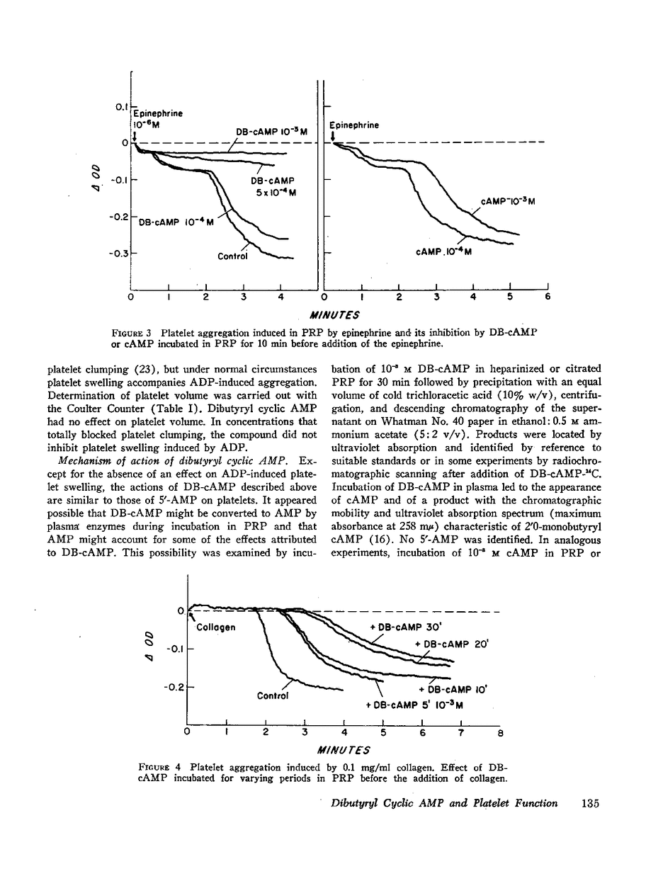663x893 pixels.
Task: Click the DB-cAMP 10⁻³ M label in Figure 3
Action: click(271, 131)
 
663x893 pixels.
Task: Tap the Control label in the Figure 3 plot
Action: click(233, 256)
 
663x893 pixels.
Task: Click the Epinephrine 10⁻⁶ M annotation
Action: click(157, 118)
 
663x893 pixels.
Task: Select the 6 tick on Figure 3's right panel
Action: click(547, 298)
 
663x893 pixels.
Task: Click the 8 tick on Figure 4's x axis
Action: click(499, 734)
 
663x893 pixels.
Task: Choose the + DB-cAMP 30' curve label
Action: click(406, 627)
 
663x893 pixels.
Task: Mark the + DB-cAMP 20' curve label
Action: click(452, 644)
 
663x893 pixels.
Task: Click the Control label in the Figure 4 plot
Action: click(273, 695)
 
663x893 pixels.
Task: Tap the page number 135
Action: click(590, 803)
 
